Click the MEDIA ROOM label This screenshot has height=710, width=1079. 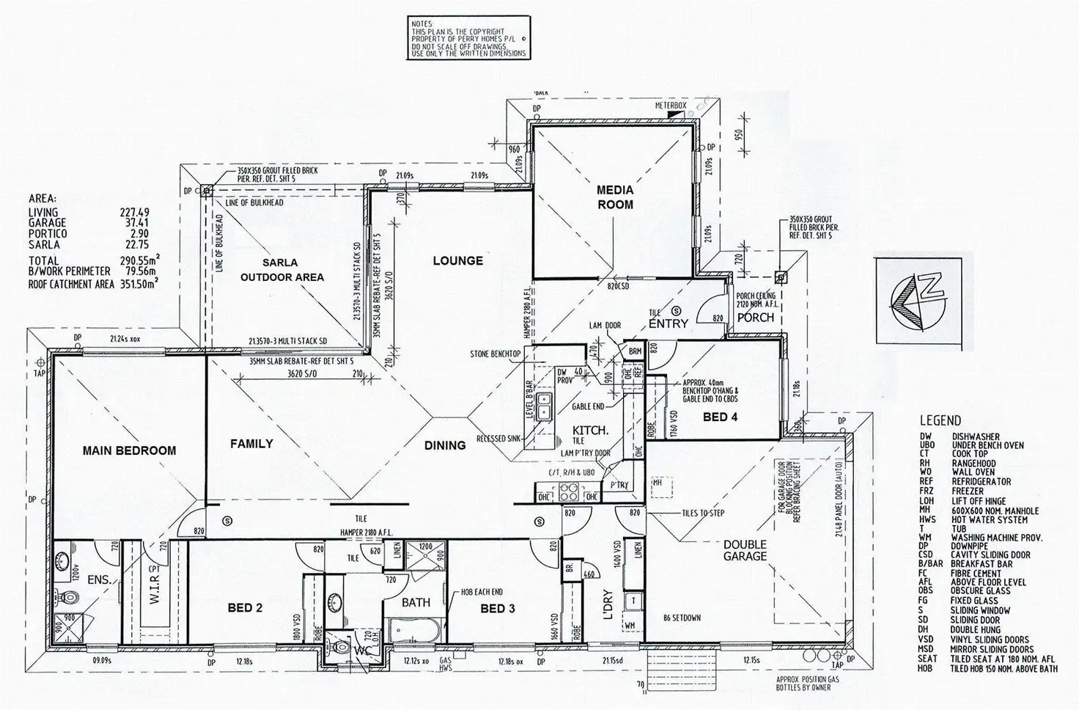click(614, 197)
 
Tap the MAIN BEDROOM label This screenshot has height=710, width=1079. click(129, 450)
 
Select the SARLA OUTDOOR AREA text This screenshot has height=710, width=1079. click(282, 270)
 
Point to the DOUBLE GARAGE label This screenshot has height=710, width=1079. click(745, 550)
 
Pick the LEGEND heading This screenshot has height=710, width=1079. click(940, 421)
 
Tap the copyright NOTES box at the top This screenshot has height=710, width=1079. click(469, 39)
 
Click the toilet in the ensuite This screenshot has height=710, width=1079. click(70, 596)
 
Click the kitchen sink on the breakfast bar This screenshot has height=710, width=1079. click(544, 406)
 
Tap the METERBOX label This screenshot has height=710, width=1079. click(671, 106)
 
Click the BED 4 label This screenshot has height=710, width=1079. click(719, 417)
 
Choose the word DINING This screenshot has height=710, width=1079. click(445, 445)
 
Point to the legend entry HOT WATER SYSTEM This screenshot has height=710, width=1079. click(989, 520)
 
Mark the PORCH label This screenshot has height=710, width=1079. click(755, 318)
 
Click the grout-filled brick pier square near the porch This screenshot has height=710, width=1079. click(781, 277)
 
